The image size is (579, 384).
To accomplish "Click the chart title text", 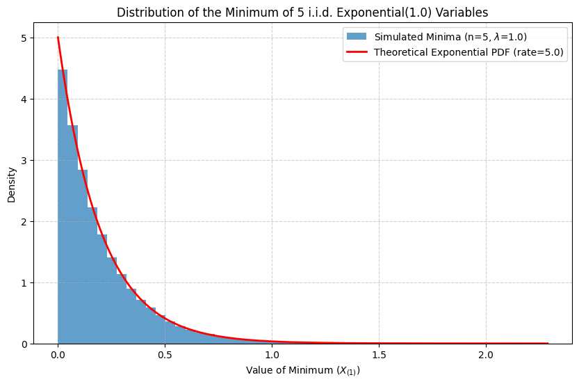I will coord(302,13).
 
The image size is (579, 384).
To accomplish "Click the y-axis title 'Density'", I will coord(12,184).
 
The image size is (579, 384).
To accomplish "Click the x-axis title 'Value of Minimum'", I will coord(302,371).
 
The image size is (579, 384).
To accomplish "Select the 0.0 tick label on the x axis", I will coord(58,355).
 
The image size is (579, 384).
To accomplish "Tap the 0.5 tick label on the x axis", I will coord(165,355).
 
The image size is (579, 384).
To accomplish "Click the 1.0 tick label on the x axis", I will coord(272,355).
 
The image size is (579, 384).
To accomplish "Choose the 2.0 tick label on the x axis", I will coord(486,355).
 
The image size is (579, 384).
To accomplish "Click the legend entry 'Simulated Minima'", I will coord(450,37).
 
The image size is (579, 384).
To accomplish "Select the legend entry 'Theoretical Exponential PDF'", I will coord(468,52).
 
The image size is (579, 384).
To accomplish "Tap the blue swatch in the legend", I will coord(357,37).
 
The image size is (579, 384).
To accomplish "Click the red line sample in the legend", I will coord(357,52).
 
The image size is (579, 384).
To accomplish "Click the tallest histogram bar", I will coord(63,209).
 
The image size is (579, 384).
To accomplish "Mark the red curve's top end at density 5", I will coord(58,38).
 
